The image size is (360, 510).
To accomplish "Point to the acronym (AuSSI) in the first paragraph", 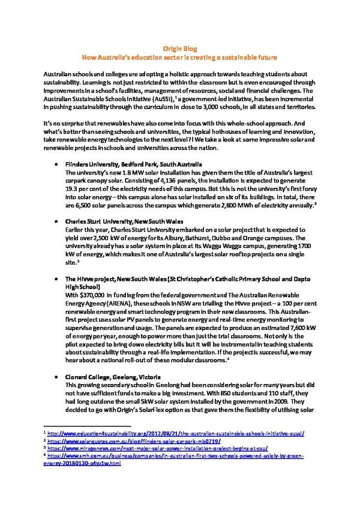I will click(x=143, y=98).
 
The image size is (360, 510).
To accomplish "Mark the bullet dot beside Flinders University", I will click(x=56, y=164).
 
